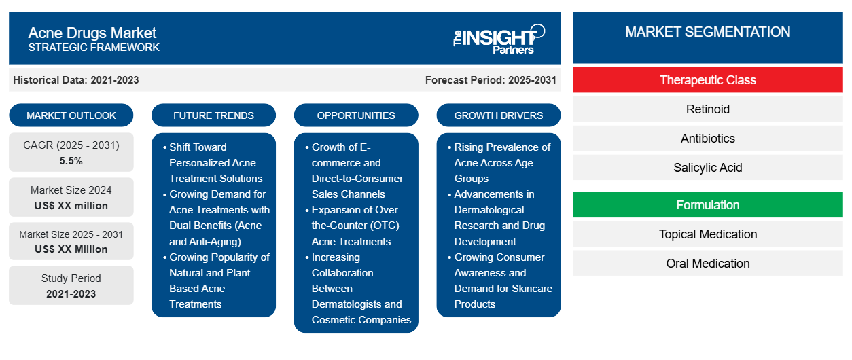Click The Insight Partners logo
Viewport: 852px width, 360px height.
pyautogui.click(x=499, y=39)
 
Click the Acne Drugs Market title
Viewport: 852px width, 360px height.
pyautogui.click(x=92, y=33)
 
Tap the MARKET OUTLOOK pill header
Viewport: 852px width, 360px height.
pyautogui.click(x=71, y=115)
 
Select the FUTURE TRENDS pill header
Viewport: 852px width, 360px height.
pyautogui.click(x=213, y=115)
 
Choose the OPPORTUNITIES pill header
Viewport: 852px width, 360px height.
pyautogui.click(x=356, y=115)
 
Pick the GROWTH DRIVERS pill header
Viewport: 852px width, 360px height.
pyautogui.click(x=498, y=115)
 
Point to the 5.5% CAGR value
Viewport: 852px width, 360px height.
pyautogui.click(x=71, y=161)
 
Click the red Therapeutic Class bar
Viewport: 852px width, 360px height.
pyautogui.click(x=707, y=80)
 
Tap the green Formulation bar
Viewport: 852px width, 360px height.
pyautogui.click(x=707, y=205)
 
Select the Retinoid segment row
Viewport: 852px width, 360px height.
pyautogui.click(x=707, y=109)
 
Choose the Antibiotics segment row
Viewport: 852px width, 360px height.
pyautogui.click(x=707, y=139)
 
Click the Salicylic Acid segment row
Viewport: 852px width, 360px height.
pyautogui.click(x=707, y=167)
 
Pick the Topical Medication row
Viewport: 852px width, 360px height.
pyautogui.click(x=707, y=234)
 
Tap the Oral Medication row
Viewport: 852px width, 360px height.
pyautogui.click(x=707, y=263)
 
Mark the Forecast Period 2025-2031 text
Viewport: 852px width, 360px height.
pyautogui.click(x=491, y=80)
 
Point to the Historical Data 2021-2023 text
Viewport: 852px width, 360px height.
pyautogui.click(x=76, y=80)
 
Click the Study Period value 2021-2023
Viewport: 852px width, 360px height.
pyautogui.click(x=71, y=294)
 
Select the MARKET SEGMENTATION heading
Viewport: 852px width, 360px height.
pyautogui.click(x=707, y=32)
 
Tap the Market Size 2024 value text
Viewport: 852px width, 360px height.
pyautogui.click(x=71, y=206)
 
